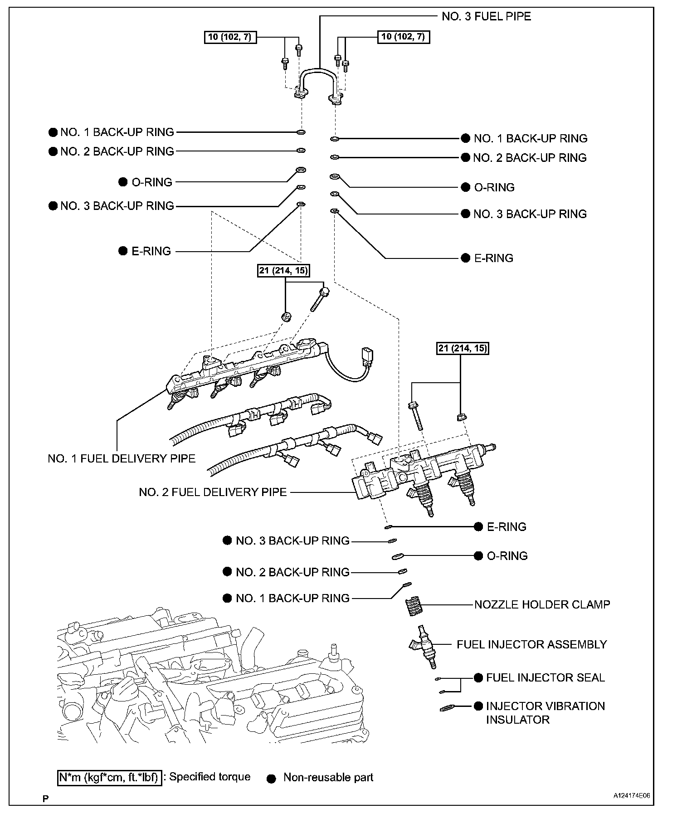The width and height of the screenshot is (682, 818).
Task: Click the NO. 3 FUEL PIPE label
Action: [486, 17]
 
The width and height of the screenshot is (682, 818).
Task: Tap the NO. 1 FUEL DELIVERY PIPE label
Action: [122, 458]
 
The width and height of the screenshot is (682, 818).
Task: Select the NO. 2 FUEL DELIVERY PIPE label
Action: [213, 492]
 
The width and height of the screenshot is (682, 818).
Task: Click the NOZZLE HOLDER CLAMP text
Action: [542, 604]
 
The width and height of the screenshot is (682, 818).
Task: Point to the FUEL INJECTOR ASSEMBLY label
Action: [531, 644]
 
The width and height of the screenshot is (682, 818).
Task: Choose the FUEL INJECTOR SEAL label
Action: [545, 677]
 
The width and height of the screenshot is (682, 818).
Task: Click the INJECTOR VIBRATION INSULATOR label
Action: [545, 712]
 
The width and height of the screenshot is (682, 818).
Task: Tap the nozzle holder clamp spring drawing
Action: [412, 606]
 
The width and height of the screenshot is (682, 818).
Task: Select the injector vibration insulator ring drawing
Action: [448, 708]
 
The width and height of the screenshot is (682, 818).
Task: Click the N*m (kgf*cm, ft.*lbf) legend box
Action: [109, 778]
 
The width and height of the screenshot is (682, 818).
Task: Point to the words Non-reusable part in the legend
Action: [328, 778]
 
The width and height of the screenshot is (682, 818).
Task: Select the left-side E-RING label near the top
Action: [151, 251]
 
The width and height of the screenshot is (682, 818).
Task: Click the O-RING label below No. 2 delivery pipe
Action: [507, 556]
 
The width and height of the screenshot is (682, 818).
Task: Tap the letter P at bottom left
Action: [45, 799]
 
